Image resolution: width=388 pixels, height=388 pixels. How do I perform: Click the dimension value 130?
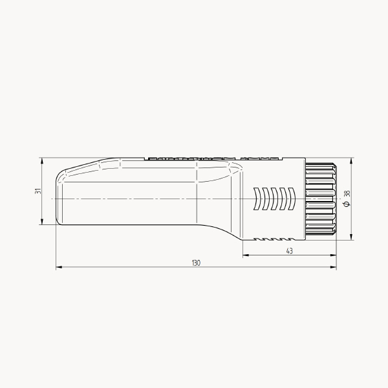[x=196, y=263]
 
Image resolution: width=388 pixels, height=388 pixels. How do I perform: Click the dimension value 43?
[x=289, y=251]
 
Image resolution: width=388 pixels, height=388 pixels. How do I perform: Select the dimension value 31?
[x=38, y=191]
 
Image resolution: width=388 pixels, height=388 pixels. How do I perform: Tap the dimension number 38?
[x=347, y=193]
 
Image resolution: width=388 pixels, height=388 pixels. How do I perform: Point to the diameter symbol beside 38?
[x=347, y=204]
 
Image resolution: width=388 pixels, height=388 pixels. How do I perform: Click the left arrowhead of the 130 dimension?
[x=59, y=267]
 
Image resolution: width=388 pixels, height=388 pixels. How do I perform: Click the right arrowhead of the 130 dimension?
[x=333, y=267]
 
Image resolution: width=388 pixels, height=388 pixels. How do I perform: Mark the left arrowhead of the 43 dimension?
[x=246, y=255]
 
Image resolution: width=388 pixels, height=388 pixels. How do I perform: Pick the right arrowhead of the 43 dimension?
[x=333, y=255]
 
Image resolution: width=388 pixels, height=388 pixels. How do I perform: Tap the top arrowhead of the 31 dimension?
[x=42, y=161]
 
